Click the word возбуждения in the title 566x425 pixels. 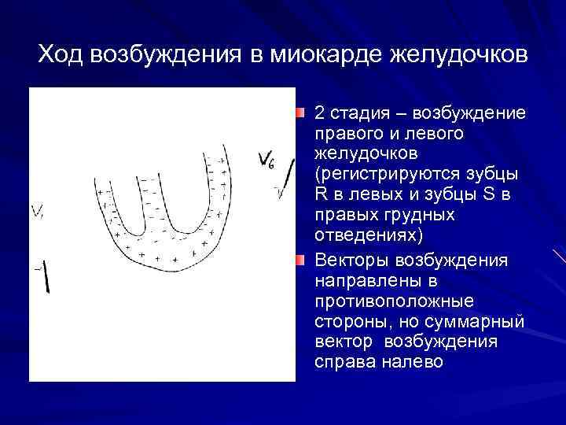[x=165, y=54]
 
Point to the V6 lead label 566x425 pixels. [x=266, y=161]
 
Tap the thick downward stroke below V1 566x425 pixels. [x=46, y=275]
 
